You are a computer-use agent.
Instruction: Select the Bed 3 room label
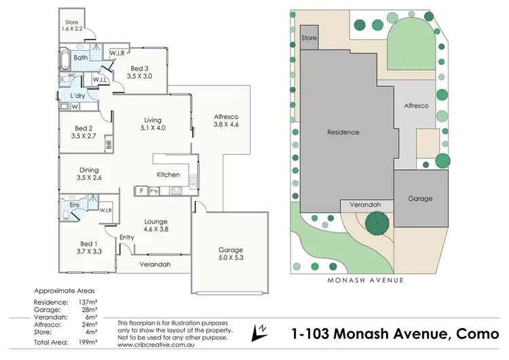pyautogui.click(x=140, y=73)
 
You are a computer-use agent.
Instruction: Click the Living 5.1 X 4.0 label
pyautogui.click(x=153, y=123)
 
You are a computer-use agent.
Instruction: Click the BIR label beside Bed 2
pyautogui.click(x=109, y=144)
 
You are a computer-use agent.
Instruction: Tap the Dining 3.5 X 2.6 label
pyautogui.click(x=89, y=174)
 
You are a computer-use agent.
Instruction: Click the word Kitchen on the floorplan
pyautogui.click(x=168, y=175)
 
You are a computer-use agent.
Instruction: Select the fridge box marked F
pyautogui.click(x=141, y=192)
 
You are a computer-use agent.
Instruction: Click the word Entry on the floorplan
pyautogui.click(x=127, y=237)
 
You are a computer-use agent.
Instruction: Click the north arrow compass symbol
pyautogui.click(x=259, y=333)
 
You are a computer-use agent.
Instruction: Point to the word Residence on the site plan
pyautogui.click(x=343, y=132)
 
